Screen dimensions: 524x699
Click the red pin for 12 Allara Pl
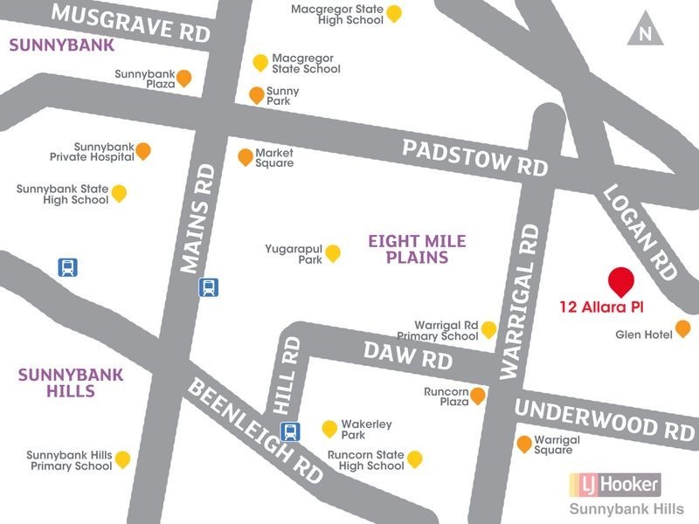(x=621, y=282)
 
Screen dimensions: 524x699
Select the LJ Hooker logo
(x=614, y=483)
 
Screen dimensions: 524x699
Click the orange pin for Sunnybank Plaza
(x=183, y=78)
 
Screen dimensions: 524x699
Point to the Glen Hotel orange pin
(x=683, y=328)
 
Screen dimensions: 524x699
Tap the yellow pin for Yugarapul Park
(x=333, y=252)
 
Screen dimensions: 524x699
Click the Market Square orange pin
(x=246, y=156)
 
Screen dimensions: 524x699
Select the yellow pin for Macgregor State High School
(x=394, y=12)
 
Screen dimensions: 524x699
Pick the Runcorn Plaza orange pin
(x=478, y=396)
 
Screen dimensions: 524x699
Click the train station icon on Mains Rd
(x=209, y=286)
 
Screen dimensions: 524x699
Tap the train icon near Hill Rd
(x=289, y=431)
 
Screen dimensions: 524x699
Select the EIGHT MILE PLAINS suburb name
(x=417, y=249)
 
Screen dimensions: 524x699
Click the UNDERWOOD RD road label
(x=604, y=418)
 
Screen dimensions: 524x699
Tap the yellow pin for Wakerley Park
(x=329, y=428)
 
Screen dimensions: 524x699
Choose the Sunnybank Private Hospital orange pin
(x=143, y=150)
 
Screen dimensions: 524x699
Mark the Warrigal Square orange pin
(x=524, y=443)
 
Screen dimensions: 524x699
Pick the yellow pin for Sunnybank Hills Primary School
(x=122, y=458)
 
